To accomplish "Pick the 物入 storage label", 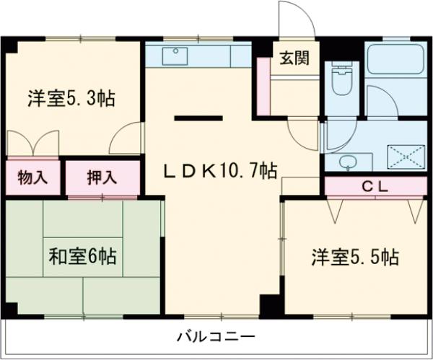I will pos(32,176).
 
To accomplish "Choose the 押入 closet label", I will pos(101,176).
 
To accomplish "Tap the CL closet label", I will pos(375,186).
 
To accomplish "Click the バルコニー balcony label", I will pos(216,336).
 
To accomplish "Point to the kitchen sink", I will pos(175,55).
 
